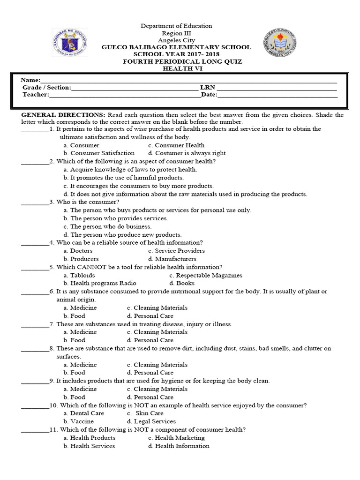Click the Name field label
click(31, 80)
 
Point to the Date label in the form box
click(209, 95)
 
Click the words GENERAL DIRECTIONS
click(63, 115)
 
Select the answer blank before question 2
click(35, 161)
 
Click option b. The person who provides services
click(116, 218)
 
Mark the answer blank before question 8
click(35, 348)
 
